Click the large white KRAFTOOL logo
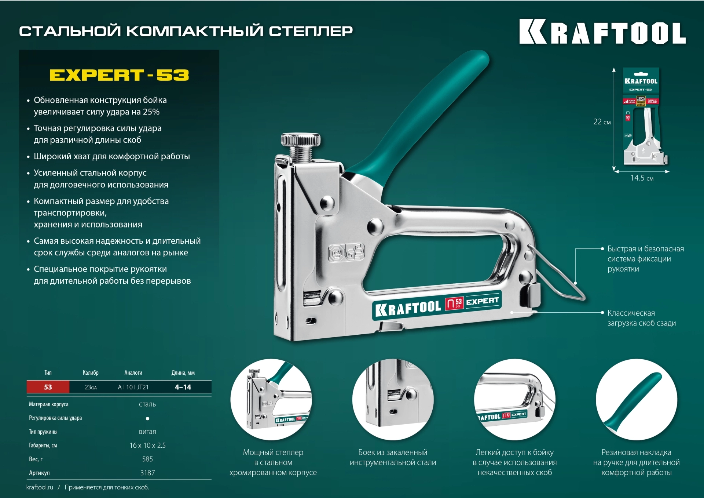602,32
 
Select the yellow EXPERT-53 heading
119,75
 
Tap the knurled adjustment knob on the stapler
300,139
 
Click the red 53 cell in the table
48,387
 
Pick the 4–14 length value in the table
183,387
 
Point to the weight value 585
147,459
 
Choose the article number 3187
147,473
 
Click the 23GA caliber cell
91,387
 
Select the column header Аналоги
133,372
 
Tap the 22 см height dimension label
602,122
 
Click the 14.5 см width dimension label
642,178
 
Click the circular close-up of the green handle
636,399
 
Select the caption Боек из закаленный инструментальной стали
393,457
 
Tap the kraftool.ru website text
40,487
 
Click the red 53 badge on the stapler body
454,303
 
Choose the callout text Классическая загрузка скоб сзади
642,318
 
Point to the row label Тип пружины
43,432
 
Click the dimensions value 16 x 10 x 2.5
147,445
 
